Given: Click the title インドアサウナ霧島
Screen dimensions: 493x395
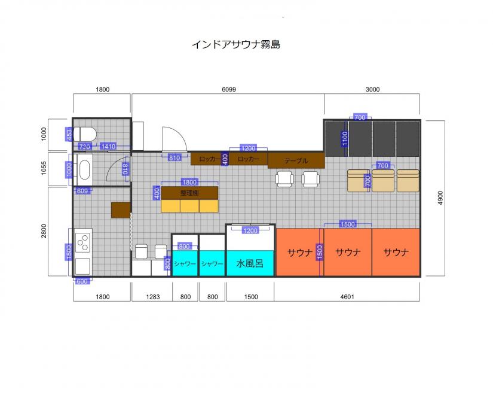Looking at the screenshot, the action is click(x=236, y=44).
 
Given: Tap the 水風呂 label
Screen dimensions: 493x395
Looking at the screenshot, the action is click(x=250, y=263).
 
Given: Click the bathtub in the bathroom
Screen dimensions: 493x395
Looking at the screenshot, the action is click(x=85, y=169).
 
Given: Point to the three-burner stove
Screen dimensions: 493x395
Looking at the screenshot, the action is click(x=83, y=242).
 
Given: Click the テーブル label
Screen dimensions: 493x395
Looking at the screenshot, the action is click(x=296, y=160).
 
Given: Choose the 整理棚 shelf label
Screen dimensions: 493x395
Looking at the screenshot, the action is click(x=189, y=193).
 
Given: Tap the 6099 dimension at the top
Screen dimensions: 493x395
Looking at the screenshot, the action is click(x=229, y=89).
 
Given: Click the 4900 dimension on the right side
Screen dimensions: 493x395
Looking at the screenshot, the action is click(x=440, y=198).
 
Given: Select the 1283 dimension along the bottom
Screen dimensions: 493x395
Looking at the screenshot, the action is click(x=153, y=297).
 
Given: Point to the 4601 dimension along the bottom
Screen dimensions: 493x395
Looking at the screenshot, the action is click(x=347, y=297).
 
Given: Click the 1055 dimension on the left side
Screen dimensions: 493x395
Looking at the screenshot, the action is click(x=44, y=168).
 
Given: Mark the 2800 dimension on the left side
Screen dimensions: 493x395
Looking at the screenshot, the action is click(x=44, y=231).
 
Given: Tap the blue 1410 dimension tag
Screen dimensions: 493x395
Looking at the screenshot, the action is click(x=108, y=146).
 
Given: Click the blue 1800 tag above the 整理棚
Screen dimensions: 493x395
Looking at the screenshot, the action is click(x=189, y=182).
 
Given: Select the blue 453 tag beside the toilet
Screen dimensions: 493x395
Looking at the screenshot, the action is click(x=69, y=135).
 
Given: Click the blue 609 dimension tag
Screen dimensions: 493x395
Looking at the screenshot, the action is click(x=82, y=191).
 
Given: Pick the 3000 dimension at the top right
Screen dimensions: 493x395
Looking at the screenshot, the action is click(x=372, y=89).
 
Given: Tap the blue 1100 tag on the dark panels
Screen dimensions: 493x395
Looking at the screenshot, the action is click(x=345, y=139).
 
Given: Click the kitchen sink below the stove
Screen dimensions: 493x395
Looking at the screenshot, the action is click(x=82, y=266).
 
